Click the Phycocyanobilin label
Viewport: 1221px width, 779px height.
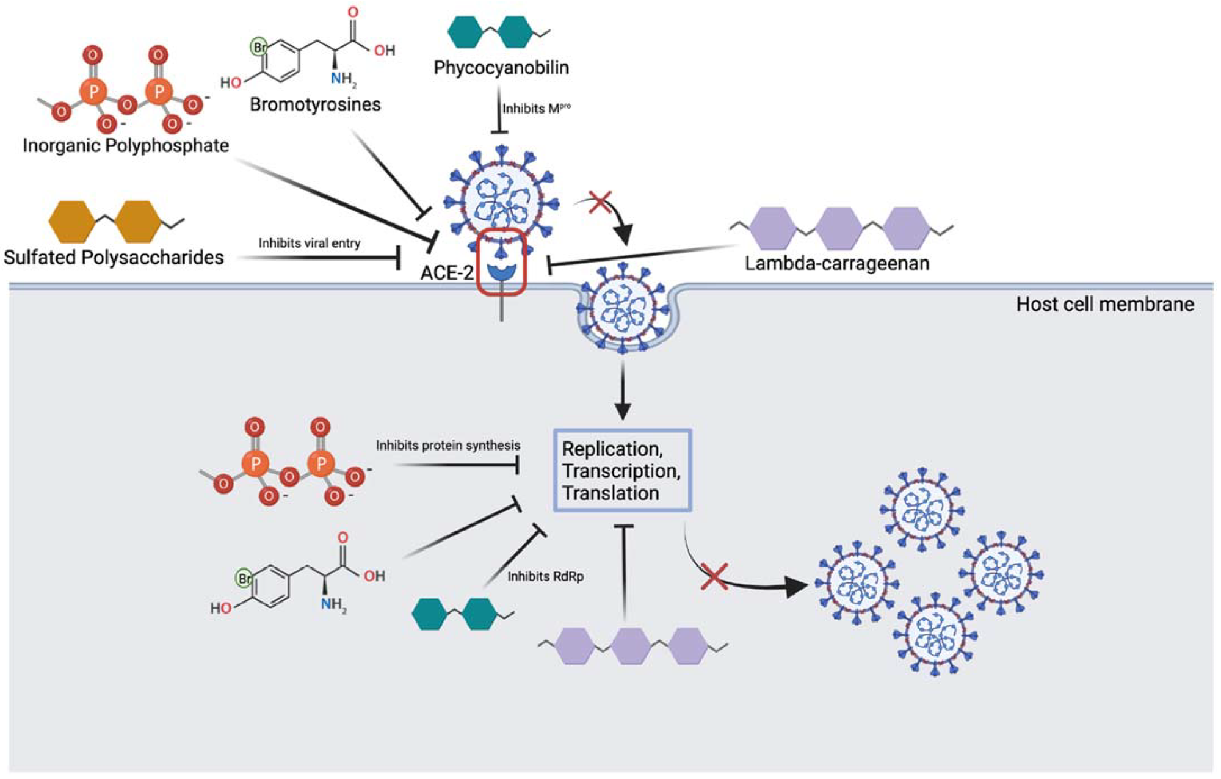[501, 68]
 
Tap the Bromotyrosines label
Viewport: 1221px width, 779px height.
[315, 104]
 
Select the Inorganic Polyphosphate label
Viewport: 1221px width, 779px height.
[126, 145]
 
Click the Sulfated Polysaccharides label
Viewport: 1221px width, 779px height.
[114, 257]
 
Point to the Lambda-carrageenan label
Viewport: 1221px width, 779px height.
[837, 263]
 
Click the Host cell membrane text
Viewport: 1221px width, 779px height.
[1104, 304]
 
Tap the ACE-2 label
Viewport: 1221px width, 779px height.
[446, 272]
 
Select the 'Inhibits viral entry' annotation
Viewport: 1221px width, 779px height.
[309, 243]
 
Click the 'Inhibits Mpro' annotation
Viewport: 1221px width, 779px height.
[536, 109]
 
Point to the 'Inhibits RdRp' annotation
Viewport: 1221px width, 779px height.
[545, 576]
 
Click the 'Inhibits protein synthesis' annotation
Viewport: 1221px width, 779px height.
[447, 446]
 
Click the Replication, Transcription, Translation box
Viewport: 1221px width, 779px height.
[621, 471]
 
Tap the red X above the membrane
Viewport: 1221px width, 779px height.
[600, 202]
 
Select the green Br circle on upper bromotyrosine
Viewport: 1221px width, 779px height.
[259, 46]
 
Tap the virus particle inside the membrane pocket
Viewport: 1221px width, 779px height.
[622, 306]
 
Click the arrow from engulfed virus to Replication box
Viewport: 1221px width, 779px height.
[622, 391]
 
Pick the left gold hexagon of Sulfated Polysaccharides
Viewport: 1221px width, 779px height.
[71, 222]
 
